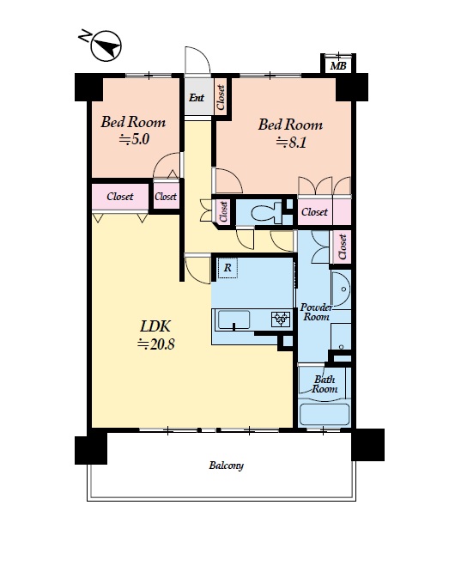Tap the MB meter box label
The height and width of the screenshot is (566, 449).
338,65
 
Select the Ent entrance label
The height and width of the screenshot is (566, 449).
197,97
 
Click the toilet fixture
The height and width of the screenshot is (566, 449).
266,212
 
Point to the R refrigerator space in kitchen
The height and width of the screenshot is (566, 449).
228,268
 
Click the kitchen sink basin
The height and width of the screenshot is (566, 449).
234,320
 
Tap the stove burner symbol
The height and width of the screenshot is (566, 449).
281,319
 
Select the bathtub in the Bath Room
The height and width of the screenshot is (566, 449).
325,414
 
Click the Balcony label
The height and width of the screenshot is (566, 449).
227,466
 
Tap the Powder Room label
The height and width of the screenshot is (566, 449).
316,313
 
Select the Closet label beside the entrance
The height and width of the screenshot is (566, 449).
221,97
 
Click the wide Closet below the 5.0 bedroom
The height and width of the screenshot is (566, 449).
120,197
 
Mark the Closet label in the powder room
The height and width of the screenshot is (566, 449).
343,246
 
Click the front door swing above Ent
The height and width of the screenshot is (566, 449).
197,60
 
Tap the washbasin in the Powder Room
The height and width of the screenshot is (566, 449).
340,289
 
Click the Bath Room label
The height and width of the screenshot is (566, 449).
325,384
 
